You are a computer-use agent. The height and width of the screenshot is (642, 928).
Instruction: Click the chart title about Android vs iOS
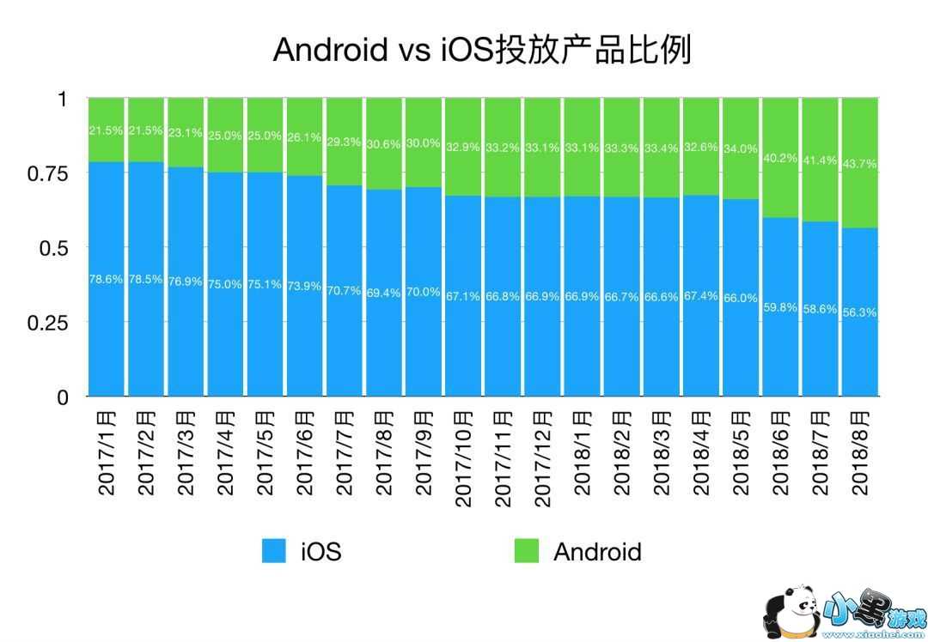coord(481,49)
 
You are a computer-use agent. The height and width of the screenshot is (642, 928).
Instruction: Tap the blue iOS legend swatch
coord(274,551)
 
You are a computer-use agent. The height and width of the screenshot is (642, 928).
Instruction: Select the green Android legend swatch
coord(526,551)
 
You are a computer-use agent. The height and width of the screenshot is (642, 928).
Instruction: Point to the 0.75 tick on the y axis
coord(48,173)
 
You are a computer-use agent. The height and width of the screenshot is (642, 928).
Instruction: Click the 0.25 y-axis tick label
coord(48,322)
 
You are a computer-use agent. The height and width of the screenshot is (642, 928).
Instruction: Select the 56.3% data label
coord(859,313)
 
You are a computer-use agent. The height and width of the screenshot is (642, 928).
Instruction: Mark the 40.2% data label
coord(780,158)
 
